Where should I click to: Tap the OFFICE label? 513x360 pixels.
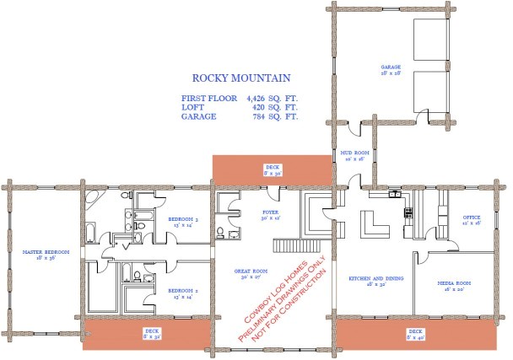click(x=472, y=217)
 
